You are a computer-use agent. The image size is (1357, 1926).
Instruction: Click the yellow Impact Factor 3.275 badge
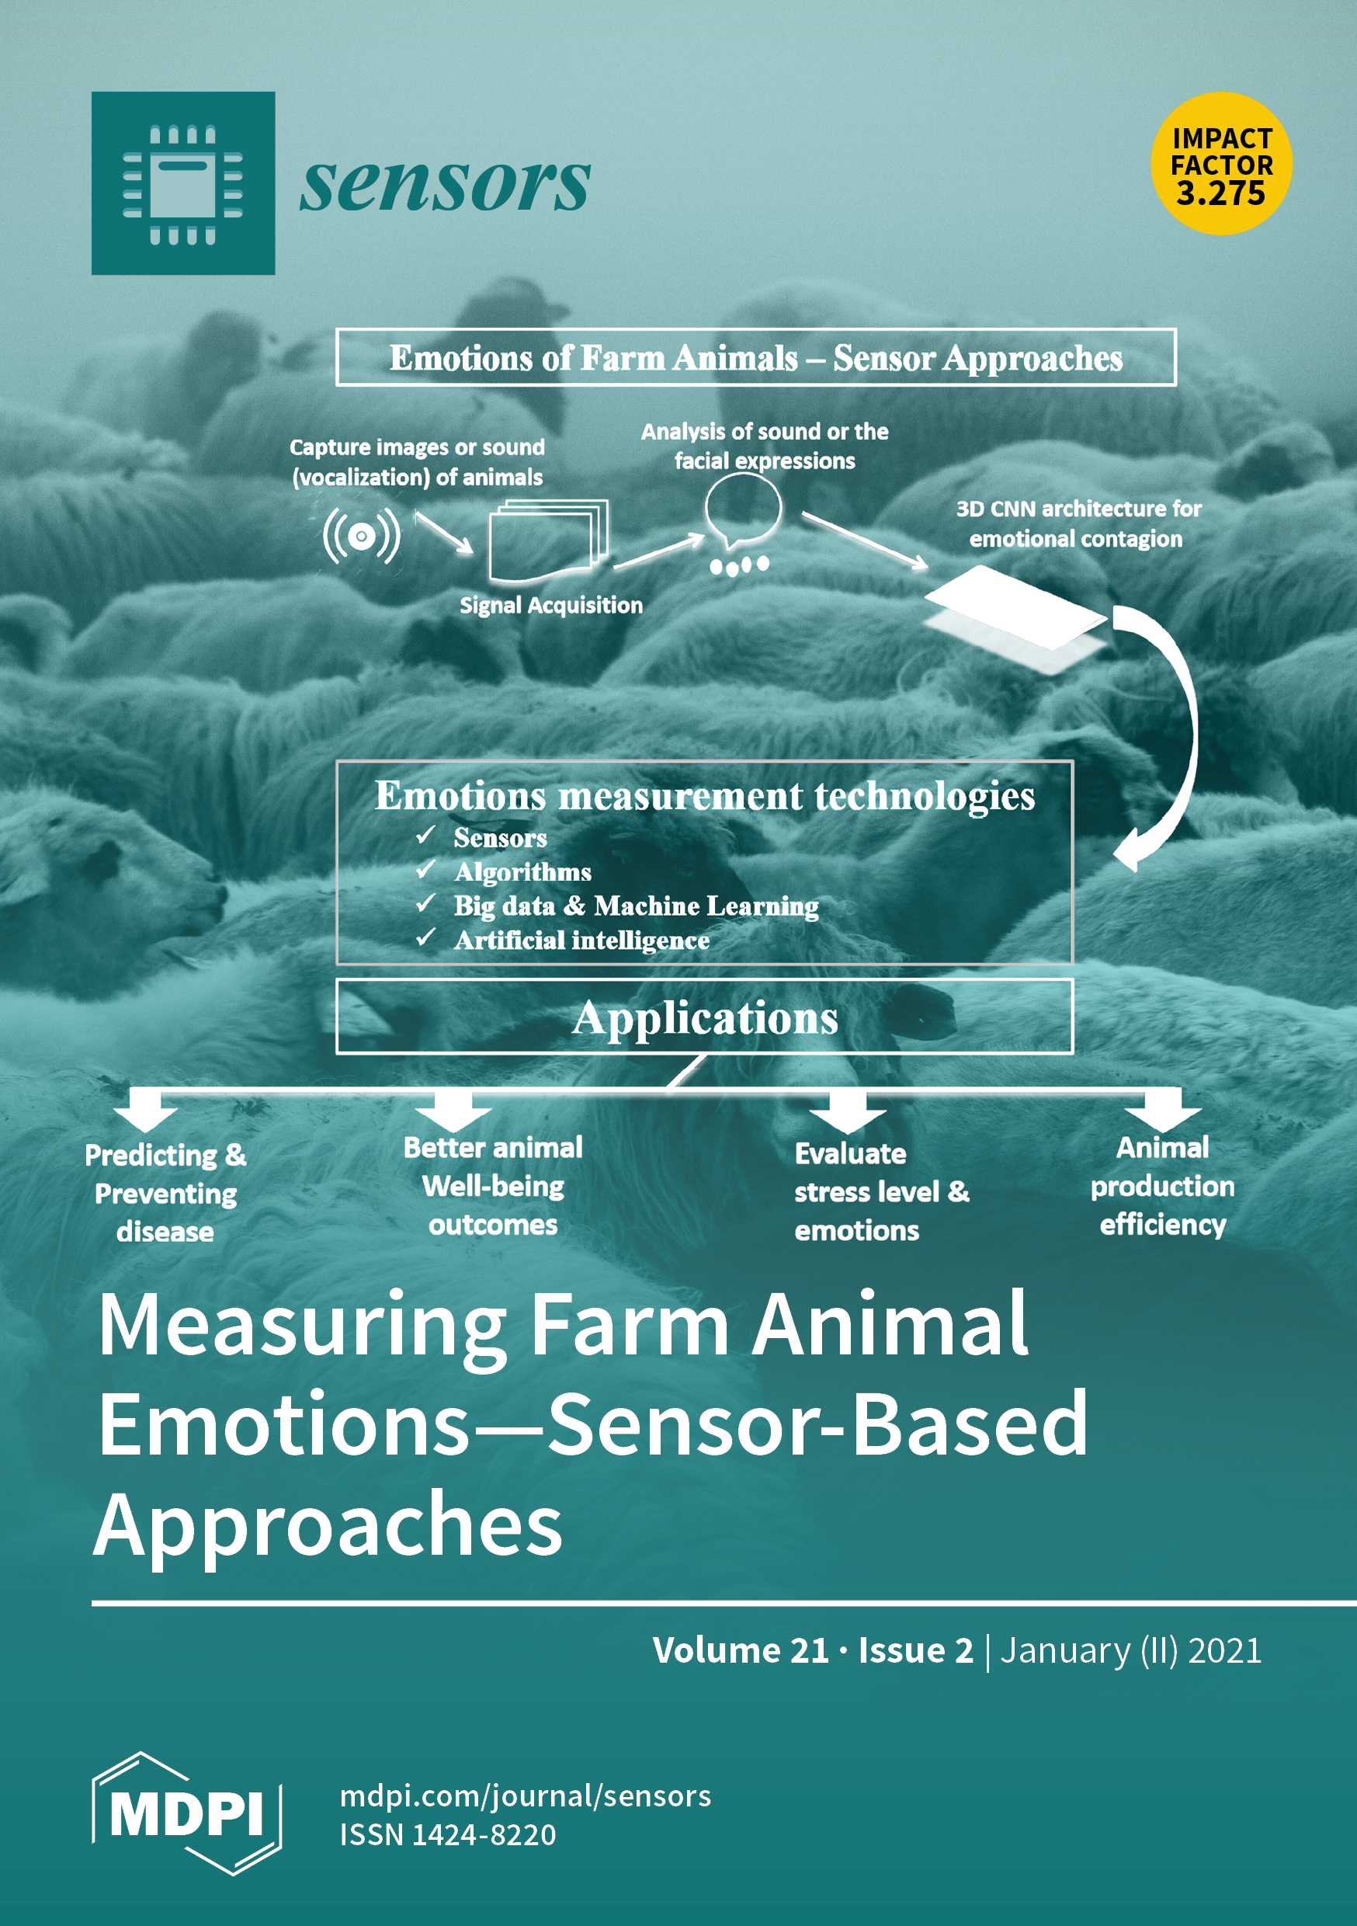pos(1220,164)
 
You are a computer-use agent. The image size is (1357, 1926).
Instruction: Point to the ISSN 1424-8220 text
pos(447,1834)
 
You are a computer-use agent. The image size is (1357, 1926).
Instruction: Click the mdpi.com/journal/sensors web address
pos(525,1796)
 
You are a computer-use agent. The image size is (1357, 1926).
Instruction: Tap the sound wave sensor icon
pos(362,535)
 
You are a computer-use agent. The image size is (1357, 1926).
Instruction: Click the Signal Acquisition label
pos(551,606)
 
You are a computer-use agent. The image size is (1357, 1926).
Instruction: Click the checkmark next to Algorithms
pos(425,870)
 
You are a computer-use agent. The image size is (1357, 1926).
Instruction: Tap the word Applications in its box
pos(704,1017)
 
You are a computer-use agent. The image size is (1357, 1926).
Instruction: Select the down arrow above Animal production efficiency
pos(1162,1109)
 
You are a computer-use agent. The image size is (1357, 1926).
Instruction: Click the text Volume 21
pos(741,1650)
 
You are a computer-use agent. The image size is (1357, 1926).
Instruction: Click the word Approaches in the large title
pos(328,1522)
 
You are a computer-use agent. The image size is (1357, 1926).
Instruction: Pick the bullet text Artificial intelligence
pos(581,940)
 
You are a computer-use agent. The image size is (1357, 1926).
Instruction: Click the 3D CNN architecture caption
pos(1078,523)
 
